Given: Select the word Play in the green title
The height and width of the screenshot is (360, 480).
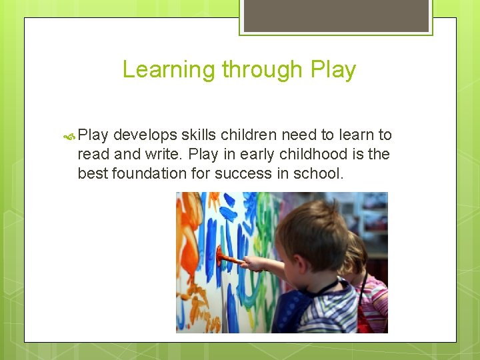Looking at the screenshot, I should [332, 70].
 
